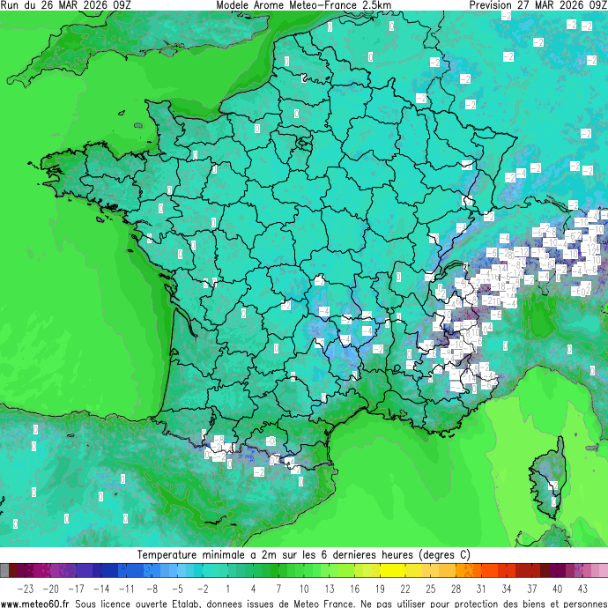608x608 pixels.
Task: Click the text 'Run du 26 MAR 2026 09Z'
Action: (66, 5)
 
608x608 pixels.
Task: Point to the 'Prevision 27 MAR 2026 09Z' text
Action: (538, 5)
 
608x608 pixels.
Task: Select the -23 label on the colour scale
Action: (26, 588)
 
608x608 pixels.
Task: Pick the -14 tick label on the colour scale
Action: (101, 588)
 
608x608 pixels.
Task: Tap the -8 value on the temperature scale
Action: (152, 588)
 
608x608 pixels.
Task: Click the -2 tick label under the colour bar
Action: (203, 588)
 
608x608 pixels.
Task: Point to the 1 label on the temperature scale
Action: (228, 588)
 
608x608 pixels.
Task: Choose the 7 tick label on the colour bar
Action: (278, 588)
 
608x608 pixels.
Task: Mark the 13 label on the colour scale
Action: (330, 588)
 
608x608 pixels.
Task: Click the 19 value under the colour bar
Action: (381, 588)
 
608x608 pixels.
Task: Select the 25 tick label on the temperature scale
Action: (431, 588)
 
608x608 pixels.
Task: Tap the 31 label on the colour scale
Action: (482, 588)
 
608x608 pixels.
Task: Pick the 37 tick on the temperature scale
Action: (532, 588)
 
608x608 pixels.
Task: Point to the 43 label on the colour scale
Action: (583, 588)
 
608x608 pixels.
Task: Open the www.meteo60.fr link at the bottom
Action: (36, 603)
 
